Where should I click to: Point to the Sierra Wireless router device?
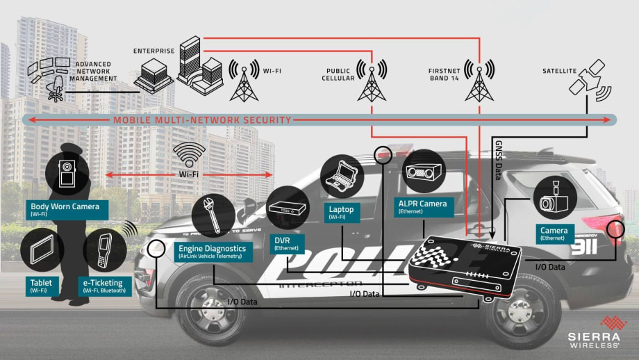point(465,268)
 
